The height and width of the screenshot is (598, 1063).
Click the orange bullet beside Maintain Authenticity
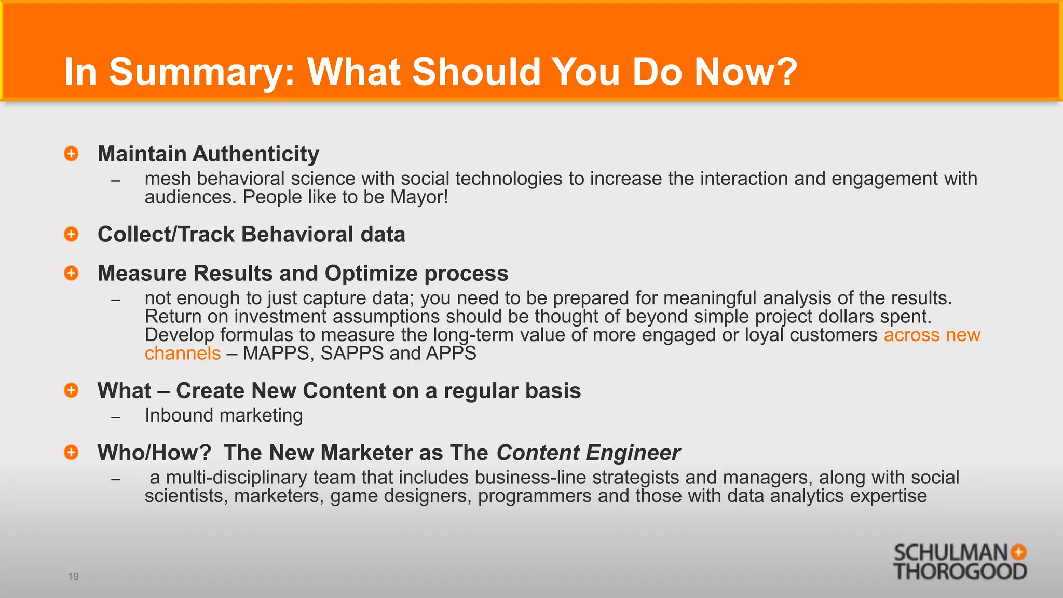pos(71,154)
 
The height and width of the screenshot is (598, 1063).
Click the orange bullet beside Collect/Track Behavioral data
pos(71,234)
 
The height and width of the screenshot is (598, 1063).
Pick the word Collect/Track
pos(166,235)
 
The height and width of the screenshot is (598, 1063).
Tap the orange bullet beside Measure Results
pos(71,273)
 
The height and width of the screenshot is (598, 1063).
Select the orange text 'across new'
pos(932,335)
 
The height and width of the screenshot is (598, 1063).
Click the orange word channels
pos(183,354)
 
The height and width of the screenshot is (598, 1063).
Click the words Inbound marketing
pos(224,415)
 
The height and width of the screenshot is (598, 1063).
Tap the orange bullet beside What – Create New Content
pos(71,390)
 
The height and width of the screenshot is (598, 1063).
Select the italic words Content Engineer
pos(588,453)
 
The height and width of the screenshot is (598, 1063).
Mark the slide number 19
pos(73,576)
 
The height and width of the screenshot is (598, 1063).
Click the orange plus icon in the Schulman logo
pos(1018,552)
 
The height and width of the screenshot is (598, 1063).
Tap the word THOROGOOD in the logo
pos(960,572)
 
